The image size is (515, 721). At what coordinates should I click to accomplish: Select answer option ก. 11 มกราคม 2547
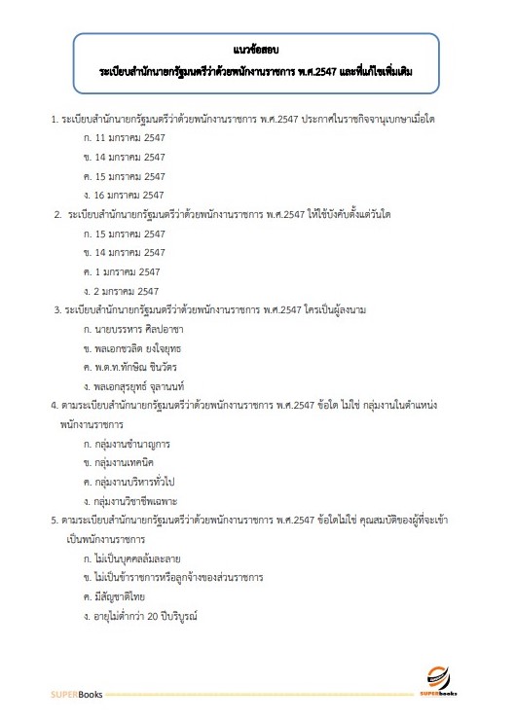click(125, 137)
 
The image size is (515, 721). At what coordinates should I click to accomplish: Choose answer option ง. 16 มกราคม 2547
click(125, 195)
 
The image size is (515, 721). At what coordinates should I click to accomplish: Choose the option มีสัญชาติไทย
click(121, 596)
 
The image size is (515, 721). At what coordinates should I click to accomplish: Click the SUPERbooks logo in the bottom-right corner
click(457, 681)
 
